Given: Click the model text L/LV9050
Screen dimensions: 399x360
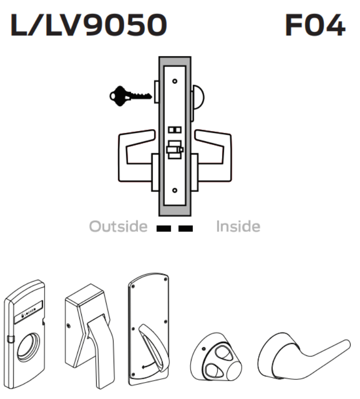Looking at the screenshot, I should click(x=88, y=26).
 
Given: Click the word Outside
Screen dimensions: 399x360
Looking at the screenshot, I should click(x=119, y=227).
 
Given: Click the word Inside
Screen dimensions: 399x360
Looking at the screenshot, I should click(x=238, y=227).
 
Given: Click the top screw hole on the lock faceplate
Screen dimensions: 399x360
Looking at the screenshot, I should click(x=175, y=81).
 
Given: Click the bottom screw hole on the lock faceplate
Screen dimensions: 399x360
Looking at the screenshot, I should click(x=175, y=190).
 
